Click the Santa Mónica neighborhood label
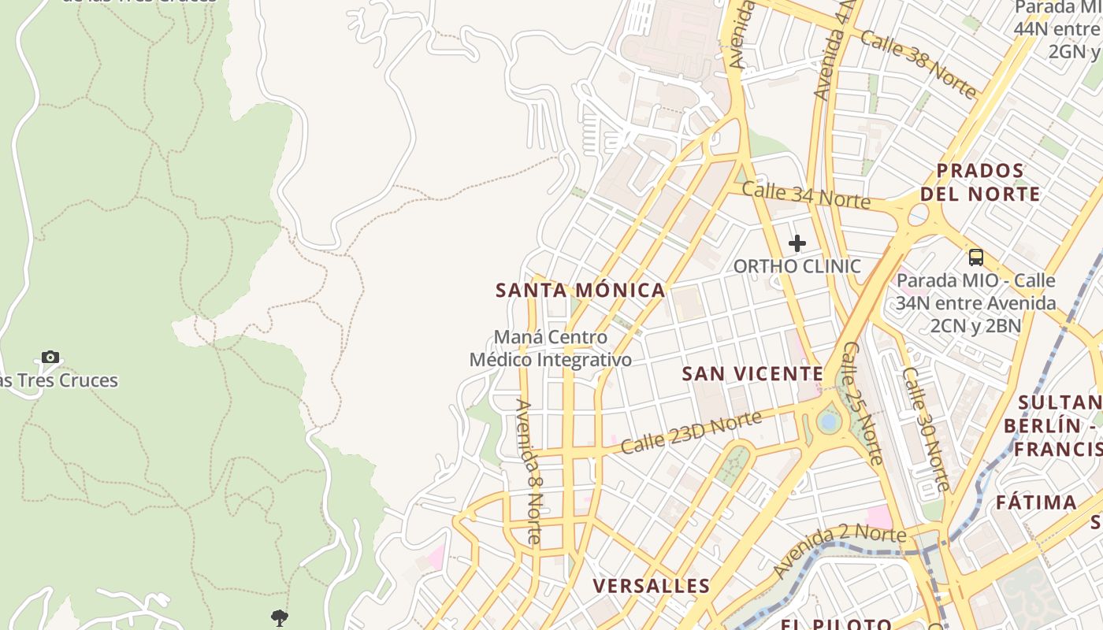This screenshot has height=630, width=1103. tap(581, 290)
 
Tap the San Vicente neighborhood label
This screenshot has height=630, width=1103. tap(752, 373)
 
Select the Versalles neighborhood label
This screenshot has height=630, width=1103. tap(651, 586)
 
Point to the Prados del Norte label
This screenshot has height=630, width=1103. tap(980, 182)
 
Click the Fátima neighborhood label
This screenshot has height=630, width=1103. tap(1036, 502)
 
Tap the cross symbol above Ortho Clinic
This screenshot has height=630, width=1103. tap(797, 243)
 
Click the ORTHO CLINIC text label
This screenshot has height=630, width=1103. tap(797, 266)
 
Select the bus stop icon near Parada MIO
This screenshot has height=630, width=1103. tap(976, 257)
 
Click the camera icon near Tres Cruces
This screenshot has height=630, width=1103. tap(50, 358)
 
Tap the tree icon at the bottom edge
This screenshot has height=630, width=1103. tap(279, 618)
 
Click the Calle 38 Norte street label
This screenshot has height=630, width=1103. tap(918, 64)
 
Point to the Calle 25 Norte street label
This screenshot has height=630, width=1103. tap(862, 402)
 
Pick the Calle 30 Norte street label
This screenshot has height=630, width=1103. tap(925, 429)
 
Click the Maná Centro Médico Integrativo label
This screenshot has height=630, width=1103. tap(551, 348)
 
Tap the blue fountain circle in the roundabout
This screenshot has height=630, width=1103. tap(828, 422)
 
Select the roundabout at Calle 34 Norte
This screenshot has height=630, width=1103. tap(919, 214)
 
